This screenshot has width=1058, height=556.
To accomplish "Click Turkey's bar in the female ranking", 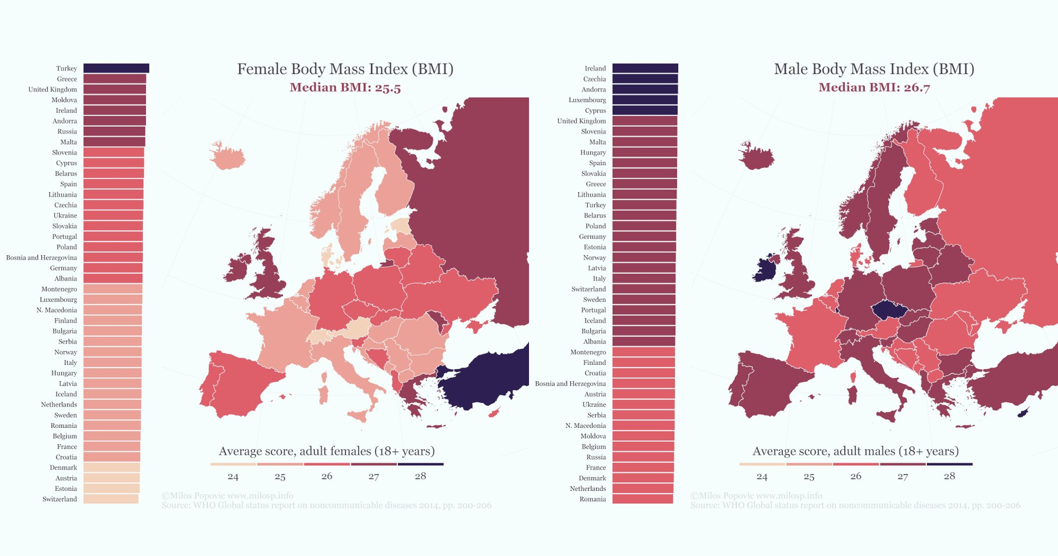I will pos(116,68).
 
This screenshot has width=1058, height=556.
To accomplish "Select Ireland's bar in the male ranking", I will pos(645,68).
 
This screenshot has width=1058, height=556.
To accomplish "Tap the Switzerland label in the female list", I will pos(60,499).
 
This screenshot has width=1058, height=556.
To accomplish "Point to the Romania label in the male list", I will pos(592,499).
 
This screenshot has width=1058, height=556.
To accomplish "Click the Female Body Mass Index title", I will pos(345,69).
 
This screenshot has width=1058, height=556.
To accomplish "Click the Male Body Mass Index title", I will pos(874,69).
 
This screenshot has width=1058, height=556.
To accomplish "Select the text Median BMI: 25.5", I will pos(345,87).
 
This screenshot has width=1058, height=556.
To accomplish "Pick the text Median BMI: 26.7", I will pos(874,87).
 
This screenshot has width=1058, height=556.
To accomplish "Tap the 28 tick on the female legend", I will pos(420,476).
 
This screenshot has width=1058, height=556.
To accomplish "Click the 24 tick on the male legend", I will pos(762,477).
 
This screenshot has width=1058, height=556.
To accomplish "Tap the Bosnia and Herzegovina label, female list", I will pos(42,257).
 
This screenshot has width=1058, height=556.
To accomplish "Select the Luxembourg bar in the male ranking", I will pos(645,100).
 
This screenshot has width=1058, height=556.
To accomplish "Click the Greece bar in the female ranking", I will pos(114,79).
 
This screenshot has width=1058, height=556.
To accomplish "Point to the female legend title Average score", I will pos(327,451).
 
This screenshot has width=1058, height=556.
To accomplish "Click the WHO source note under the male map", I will pos(855,506).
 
